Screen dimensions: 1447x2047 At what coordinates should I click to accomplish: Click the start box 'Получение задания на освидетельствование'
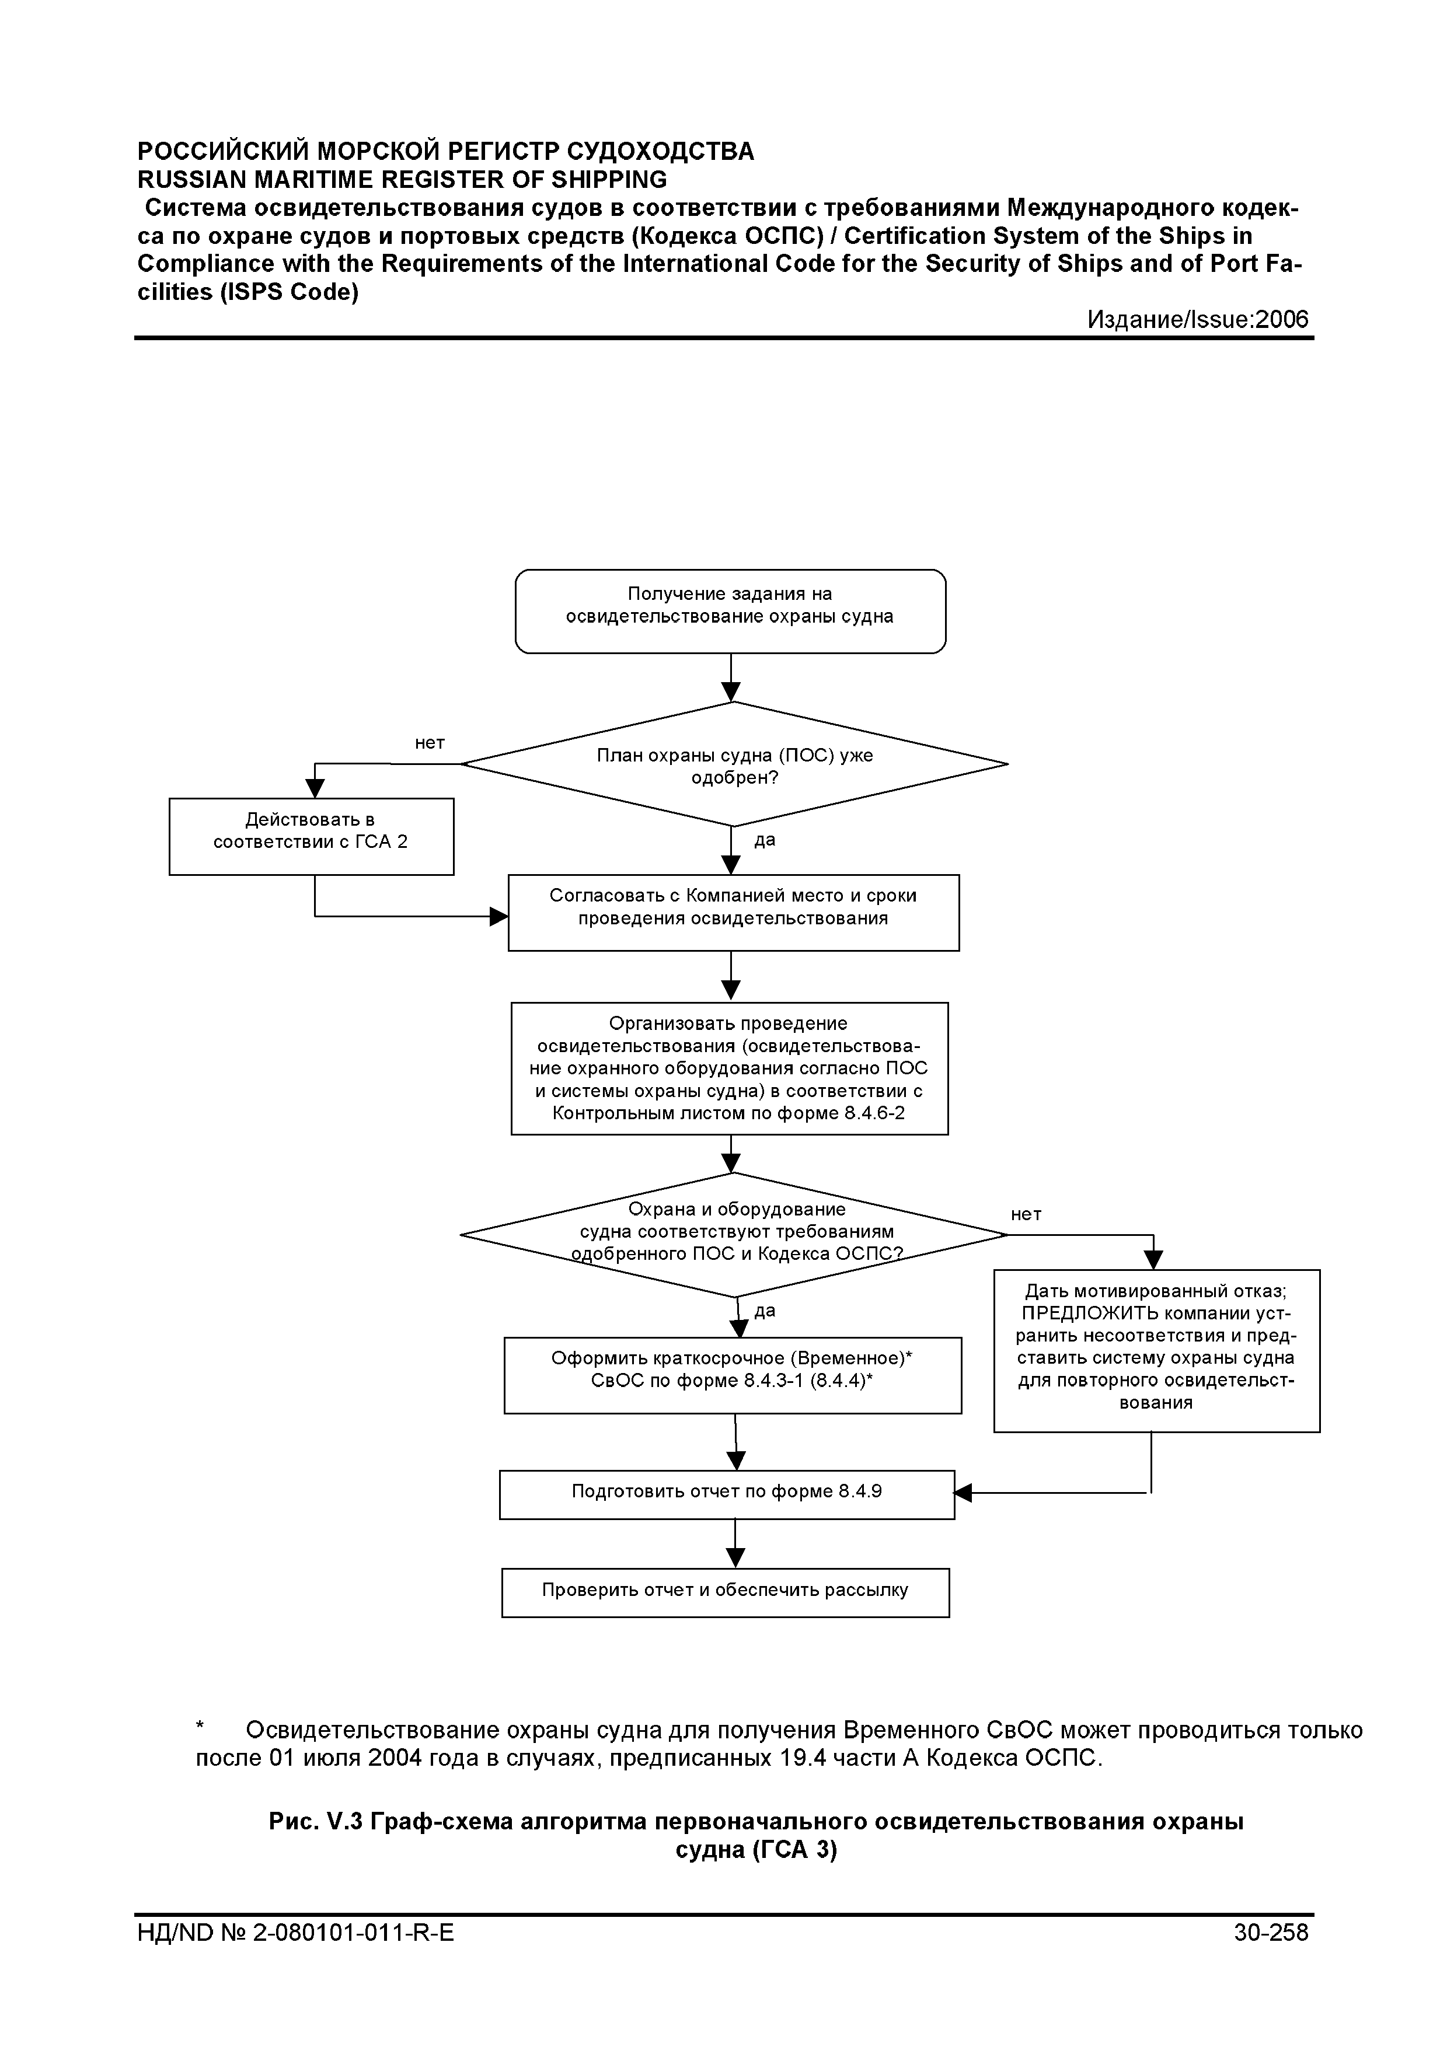[730, 612]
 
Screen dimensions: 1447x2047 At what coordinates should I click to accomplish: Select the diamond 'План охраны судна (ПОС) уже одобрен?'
[734, 764]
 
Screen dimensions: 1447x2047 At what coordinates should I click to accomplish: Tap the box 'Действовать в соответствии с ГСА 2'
[311, 836]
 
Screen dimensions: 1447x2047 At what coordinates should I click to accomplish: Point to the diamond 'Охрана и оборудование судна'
[734, 1235]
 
